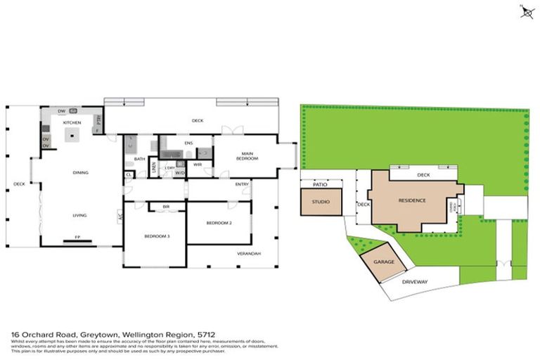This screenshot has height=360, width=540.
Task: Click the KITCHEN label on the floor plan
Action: pos(72,122)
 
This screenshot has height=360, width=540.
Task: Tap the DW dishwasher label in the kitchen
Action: pos(62,112)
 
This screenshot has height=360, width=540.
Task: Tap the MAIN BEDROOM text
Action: pos(247,156)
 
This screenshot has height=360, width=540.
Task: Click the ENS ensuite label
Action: pos(188,143)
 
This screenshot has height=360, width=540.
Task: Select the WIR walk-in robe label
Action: pos(198,165)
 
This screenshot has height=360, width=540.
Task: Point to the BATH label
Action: pos(139,159)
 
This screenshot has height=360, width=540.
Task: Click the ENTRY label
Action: pos(243,184)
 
